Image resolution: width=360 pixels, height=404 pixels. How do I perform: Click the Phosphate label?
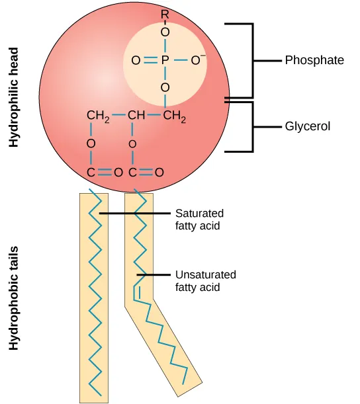(x=314, y=60)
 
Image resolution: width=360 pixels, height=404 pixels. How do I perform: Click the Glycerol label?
(x=307, y=126)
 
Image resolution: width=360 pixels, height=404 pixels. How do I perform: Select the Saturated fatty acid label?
(x=199, y=220)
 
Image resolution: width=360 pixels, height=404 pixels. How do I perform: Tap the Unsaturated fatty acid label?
(x=205, y=280)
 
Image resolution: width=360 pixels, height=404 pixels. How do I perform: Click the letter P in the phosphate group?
(x=165, y=61)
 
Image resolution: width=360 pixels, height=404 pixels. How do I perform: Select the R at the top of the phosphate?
(x=165, y=14)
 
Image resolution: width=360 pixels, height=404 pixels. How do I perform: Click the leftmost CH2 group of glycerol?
(x=97, y=117)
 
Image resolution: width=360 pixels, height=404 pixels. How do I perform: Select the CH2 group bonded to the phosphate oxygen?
(x=174, y=117)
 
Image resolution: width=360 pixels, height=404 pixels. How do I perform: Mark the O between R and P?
(x=165, y=31)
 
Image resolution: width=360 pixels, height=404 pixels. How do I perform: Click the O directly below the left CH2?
(x=91, y=143)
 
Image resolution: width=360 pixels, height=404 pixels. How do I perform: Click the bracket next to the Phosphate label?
(x=251, y=60)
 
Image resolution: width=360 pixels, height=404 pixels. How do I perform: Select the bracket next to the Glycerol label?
(x=251, y=126)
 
